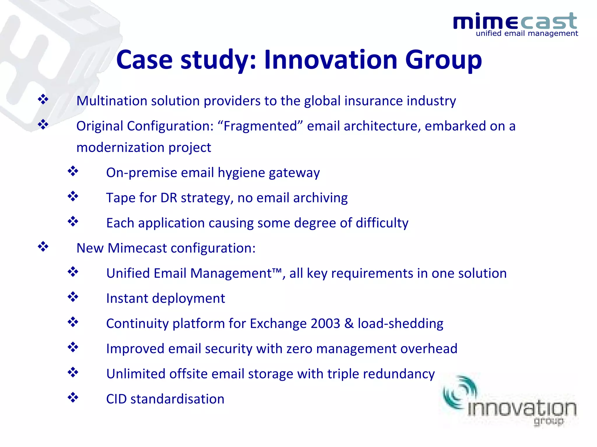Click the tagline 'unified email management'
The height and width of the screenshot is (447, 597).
pyautogui.click(x=527, y=34)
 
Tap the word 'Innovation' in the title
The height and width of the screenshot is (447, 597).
pyautogui.click(x=331, y=60)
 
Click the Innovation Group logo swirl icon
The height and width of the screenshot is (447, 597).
pyautogui.click(x=459, y=393)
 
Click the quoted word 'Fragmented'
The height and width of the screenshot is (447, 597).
pyautogui.click(x=260, y=126)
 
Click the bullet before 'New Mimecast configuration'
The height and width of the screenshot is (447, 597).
pyautogui.click(x=43, y=247)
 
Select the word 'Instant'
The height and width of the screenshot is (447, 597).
pyautogui.click(x=127, y=299)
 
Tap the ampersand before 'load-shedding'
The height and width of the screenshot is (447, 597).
pyautogui.click(x=349, y=324)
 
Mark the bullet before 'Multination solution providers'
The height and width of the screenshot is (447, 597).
pyautogui.click(x=43, y=100)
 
